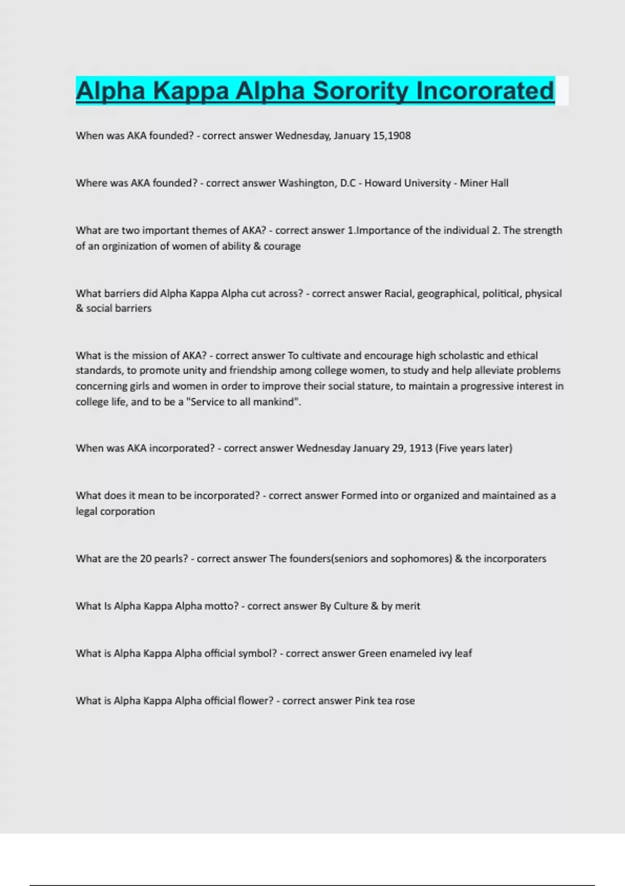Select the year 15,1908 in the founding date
pyautogui.click(x=392, y=136)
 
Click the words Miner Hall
pyautogui.click(x=484, y=183)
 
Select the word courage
pyautogui.click(x=282, y=246)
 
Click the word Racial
pyautogui.click(x=398, y=293)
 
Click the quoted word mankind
pyautogui.click(x=274, y=402)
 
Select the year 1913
pyautogui.click(x=420, y=448)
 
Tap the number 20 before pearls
pyautogui.click(x=146, y=559)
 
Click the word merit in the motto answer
pyautogui.click(x=408, y=606)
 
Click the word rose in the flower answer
pyautogui.click(x=405, y=701)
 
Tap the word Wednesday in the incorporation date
pyautogui.click(x=323, y=448)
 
